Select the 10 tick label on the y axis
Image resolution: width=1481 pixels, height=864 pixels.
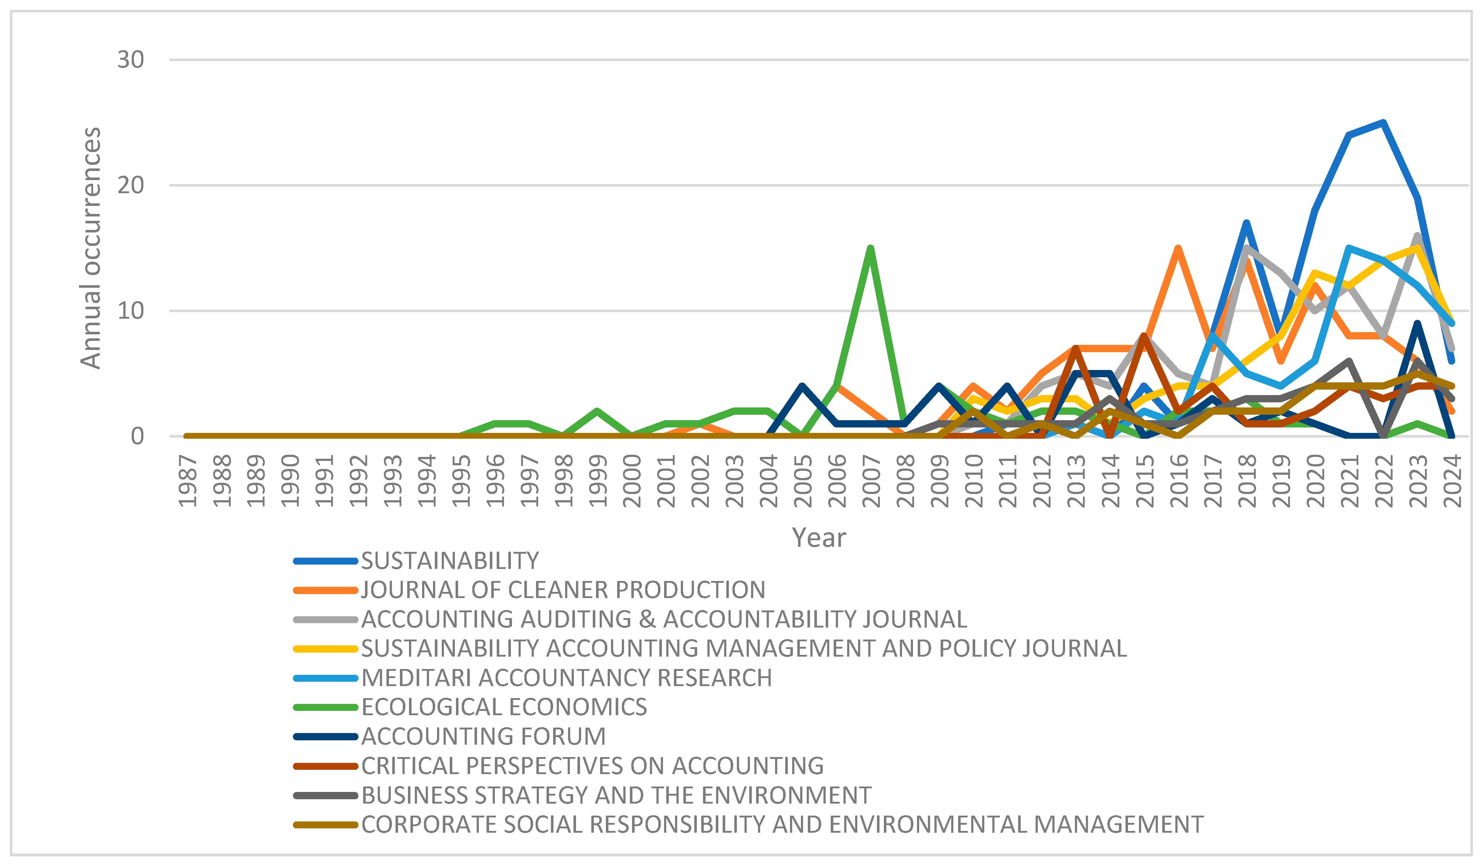coord(131,311)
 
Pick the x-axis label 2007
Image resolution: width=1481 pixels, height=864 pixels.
coord(871,481)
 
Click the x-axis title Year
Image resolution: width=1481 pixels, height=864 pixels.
coord(819,537)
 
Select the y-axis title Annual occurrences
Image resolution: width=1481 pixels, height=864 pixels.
coord(91,248)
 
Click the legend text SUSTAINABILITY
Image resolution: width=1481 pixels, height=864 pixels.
coord(450,561)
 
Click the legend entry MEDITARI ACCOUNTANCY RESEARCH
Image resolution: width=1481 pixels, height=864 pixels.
coord(566,678)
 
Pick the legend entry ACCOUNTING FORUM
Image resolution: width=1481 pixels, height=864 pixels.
coord(483,737)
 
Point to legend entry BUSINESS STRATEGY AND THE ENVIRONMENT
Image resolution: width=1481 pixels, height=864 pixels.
coord(616,795)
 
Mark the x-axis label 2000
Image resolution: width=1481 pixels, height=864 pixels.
coord(632,481)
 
